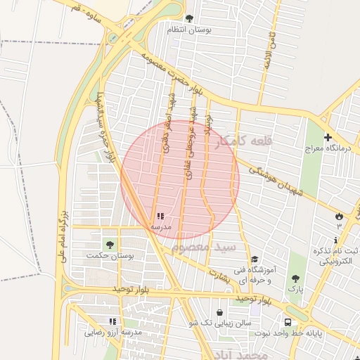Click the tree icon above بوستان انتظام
[x=188, y=18]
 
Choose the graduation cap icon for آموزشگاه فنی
[x=255, y=259]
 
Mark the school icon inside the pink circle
[x=160, y=216]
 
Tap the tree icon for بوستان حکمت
[x=109, y=244]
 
